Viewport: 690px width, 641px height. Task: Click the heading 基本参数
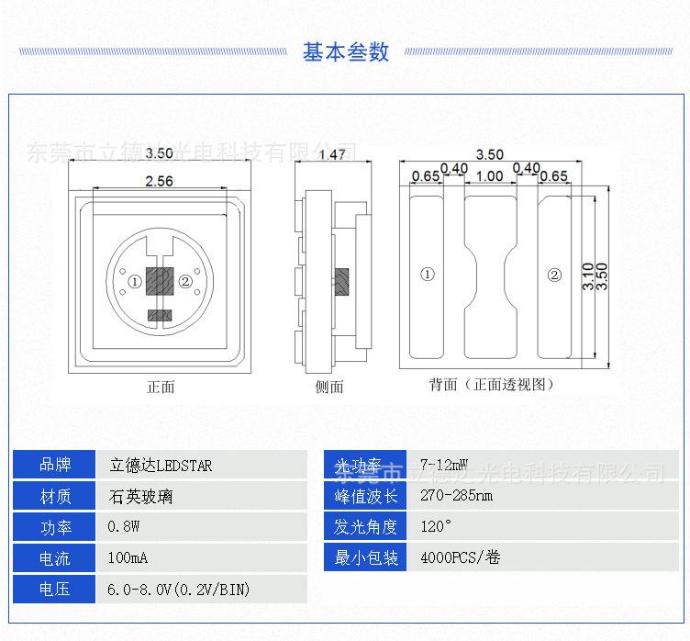point(345,51)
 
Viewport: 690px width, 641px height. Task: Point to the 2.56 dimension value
point(159,181)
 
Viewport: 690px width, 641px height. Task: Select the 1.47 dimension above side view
point(331,154)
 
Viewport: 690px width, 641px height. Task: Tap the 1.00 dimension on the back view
point(489,176)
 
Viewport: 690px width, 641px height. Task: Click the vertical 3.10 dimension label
point(588,276)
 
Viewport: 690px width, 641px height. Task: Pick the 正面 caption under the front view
point(161,387)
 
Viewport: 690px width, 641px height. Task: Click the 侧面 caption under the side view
point(329,387)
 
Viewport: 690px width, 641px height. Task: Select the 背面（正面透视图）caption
point(491,385)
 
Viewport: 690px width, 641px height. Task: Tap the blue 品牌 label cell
point(54,465)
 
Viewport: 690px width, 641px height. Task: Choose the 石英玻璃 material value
point(140,497)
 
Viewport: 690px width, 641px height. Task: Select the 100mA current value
point(128,558)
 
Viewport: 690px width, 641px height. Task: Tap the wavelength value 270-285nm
point(456,497)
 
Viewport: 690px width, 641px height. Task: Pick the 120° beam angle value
point(436,527)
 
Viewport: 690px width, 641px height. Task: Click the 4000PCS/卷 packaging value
point(460,557)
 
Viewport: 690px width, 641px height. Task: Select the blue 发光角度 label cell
point(366,527)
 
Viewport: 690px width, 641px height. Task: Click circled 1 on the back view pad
point(427,275)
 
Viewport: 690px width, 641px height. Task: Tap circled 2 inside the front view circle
point(185,282)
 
